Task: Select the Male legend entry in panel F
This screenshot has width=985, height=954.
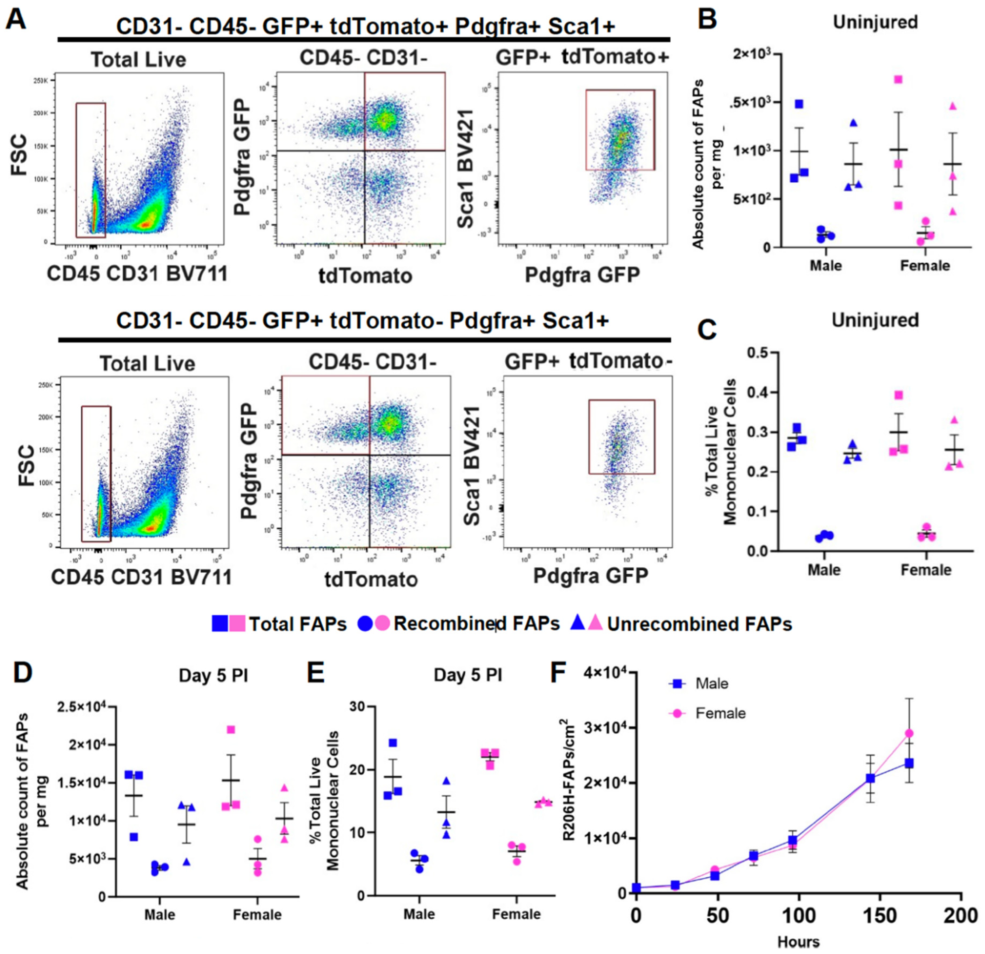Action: pyautogui.click(x=711, y=684)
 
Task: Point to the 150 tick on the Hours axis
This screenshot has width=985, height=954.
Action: pyautogui.click(x=881, y=916)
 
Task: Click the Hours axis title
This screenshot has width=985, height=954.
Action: pyautogui.click(x=798, y=941)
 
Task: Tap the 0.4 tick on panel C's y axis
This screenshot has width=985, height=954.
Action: pyautogui.click(x=758, y=392)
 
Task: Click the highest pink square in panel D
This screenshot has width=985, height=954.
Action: pyautogui.click(x=231, y=730)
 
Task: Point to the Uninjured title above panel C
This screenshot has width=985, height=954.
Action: pyautogui.click(x=875, y=320)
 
